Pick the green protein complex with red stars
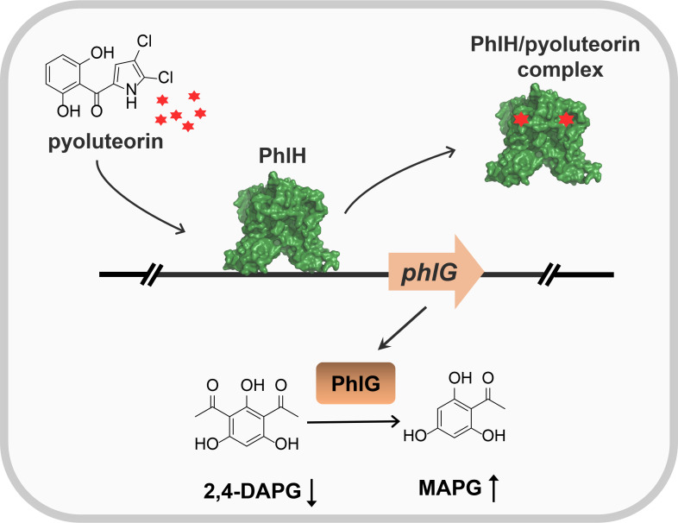[x=543, y=142]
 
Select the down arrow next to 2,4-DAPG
[x=312, y=492]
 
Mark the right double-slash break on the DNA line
[x=551, y=275]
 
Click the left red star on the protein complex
[x=520, y=120]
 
